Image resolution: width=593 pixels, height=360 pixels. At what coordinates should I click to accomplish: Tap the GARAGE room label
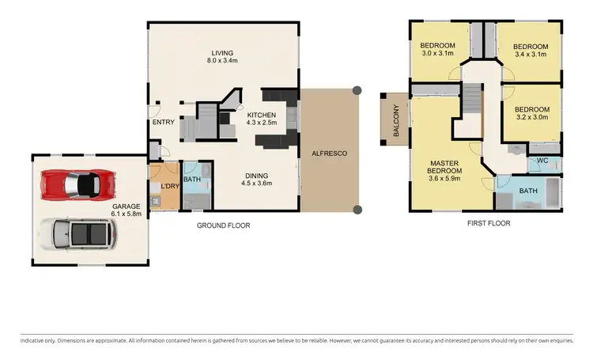tap(126, 206)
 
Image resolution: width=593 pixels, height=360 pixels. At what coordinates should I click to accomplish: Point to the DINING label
tap(256, 176)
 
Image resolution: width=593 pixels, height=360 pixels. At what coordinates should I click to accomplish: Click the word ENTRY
tap(163, 122)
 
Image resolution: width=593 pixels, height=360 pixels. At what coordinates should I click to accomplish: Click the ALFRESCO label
tap(329, 153)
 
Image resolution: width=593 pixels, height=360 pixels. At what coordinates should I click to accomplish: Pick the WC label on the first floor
tap(542, 161)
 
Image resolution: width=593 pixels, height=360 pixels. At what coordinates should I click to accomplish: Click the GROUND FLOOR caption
tap(223, 225)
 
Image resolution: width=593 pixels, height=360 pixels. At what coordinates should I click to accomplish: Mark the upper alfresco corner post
tap(357, 90)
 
